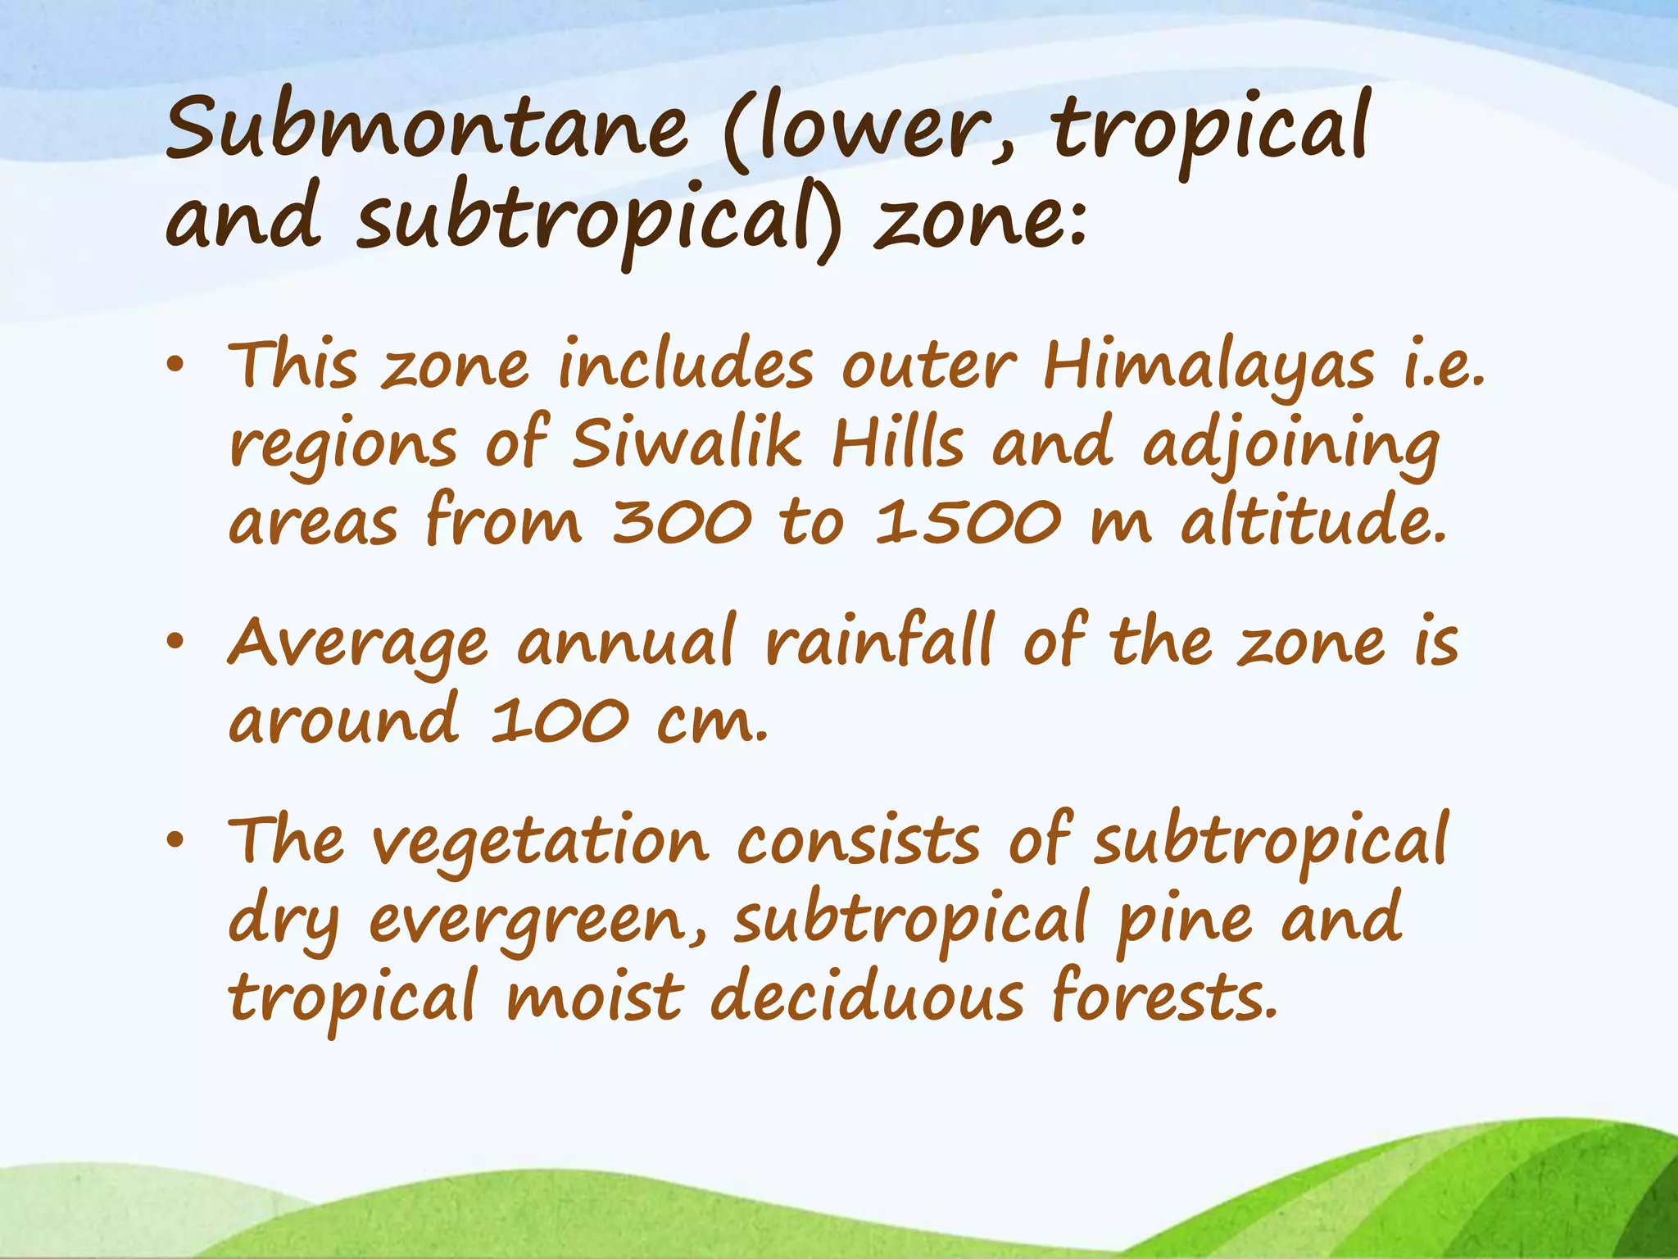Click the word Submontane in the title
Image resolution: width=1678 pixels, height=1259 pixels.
click(427, 130)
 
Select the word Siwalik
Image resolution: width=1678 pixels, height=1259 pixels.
click(686, 443)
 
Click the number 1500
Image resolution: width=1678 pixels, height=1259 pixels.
click(968, 522)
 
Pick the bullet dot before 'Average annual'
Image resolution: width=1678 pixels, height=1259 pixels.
click(175, 644)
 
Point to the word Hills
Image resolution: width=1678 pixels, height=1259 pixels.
click(897, 443)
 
